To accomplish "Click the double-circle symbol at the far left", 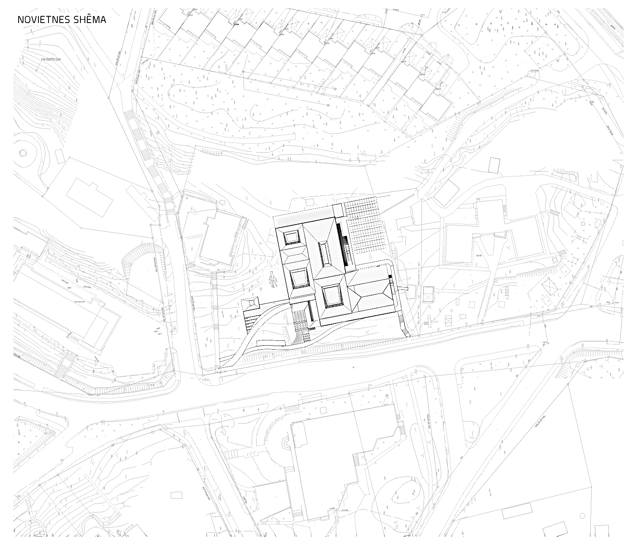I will (x=23, y=153).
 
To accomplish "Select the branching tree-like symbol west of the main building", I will (x=273, y=279).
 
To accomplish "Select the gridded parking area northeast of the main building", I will (x=365, y=228).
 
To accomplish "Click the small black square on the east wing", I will (x=390, y=276).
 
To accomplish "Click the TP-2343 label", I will (x=535, y=71).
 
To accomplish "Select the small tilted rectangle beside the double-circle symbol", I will (x=59, y=155).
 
